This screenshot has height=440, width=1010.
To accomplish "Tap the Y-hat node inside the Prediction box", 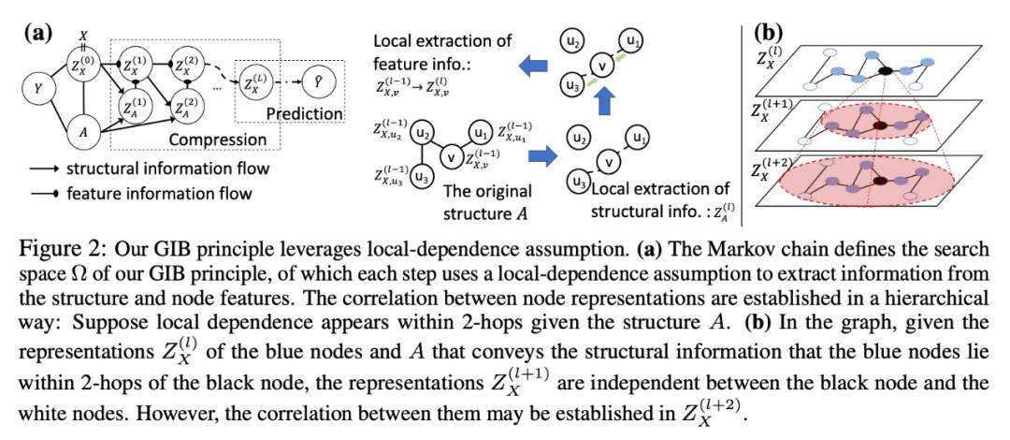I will (320, 81).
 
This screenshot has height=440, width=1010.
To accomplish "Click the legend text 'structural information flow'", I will (167, 169).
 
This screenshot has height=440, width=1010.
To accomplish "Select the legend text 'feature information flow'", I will (159, 193).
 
